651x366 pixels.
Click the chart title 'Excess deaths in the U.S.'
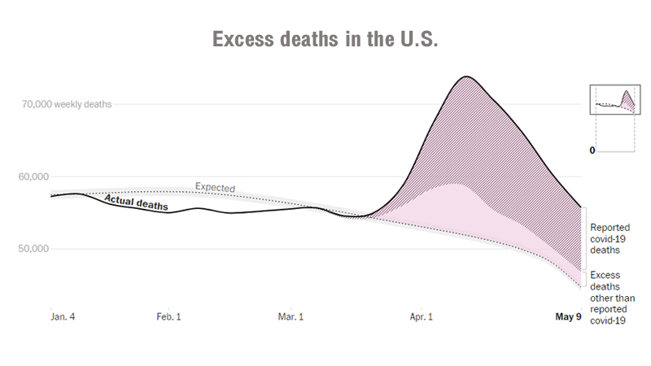coord(325,40)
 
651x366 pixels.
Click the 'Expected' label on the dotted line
coord(215,188)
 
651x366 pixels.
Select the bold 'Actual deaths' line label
coord(135,202)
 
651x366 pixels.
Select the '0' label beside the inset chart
coord(592,150)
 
